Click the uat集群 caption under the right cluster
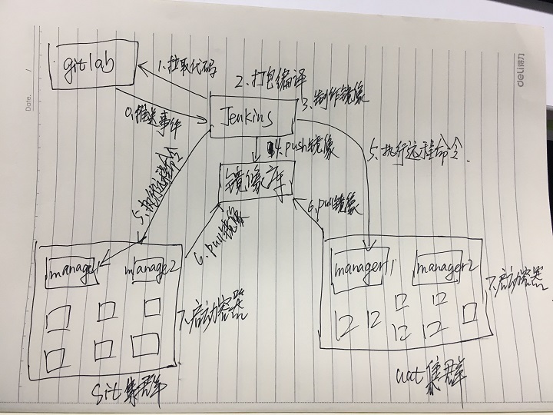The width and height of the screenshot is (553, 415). click(x=431, y=376)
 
